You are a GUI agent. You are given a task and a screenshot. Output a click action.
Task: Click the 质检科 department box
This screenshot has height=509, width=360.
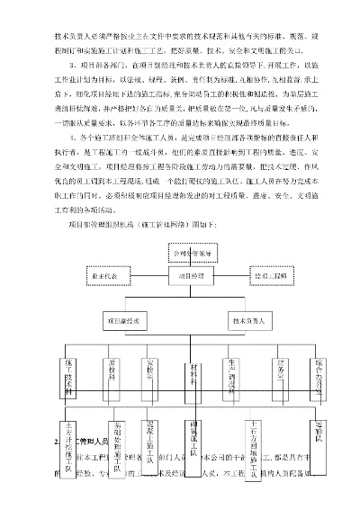(112, 378)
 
